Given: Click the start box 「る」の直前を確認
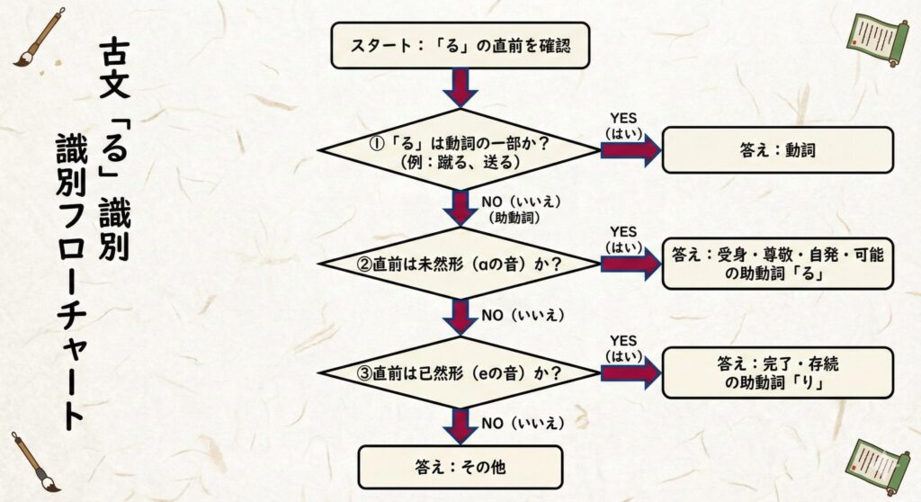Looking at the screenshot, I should coord(460,45).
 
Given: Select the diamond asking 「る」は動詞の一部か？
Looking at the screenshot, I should coord(460,149).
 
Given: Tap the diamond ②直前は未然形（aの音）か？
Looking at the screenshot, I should coord(460,263).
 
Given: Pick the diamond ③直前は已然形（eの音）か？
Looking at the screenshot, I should coord(460,371).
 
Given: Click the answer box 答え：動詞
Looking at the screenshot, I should coord(778,149).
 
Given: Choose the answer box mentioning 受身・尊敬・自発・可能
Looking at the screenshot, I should coord(778,263).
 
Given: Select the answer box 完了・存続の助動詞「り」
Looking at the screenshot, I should coord(778,371).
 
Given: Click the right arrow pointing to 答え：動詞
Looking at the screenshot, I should coord(630,150).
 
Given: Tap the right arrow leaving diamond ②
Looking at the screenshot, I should coord(630,263).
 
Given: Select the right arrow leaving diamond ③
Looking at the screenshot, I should coord(630,371).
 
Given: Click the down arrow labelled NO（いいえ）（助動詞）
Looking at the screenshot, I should coord(460,208).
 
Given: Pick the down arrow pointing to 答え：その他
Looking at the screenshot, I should coord(460,425).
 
